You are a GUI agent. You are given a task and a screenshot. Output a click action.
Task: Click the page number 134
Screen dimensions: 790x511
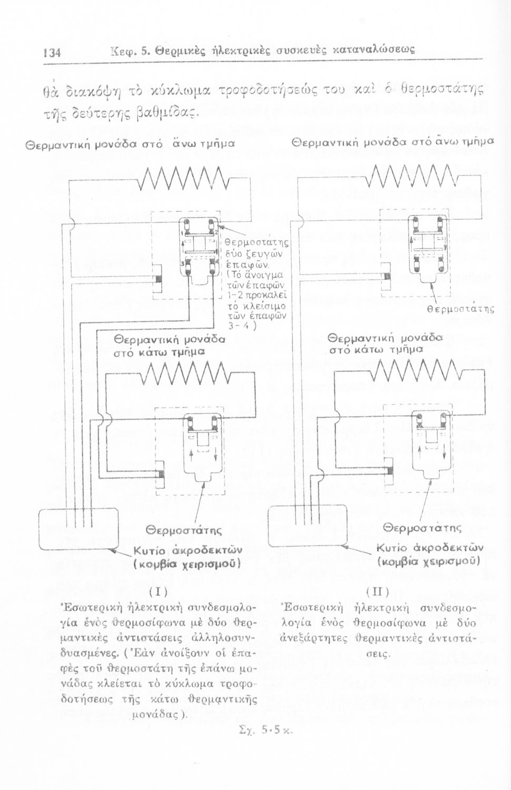click(52, 52)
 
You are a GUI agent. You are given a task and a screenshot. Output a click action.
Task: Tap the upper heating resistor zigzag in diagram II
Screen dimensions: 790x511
click(410, 176)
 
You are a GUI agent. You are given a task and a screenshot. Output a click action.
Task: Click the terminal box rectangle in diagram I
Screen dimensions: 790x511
click(78, 531)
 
